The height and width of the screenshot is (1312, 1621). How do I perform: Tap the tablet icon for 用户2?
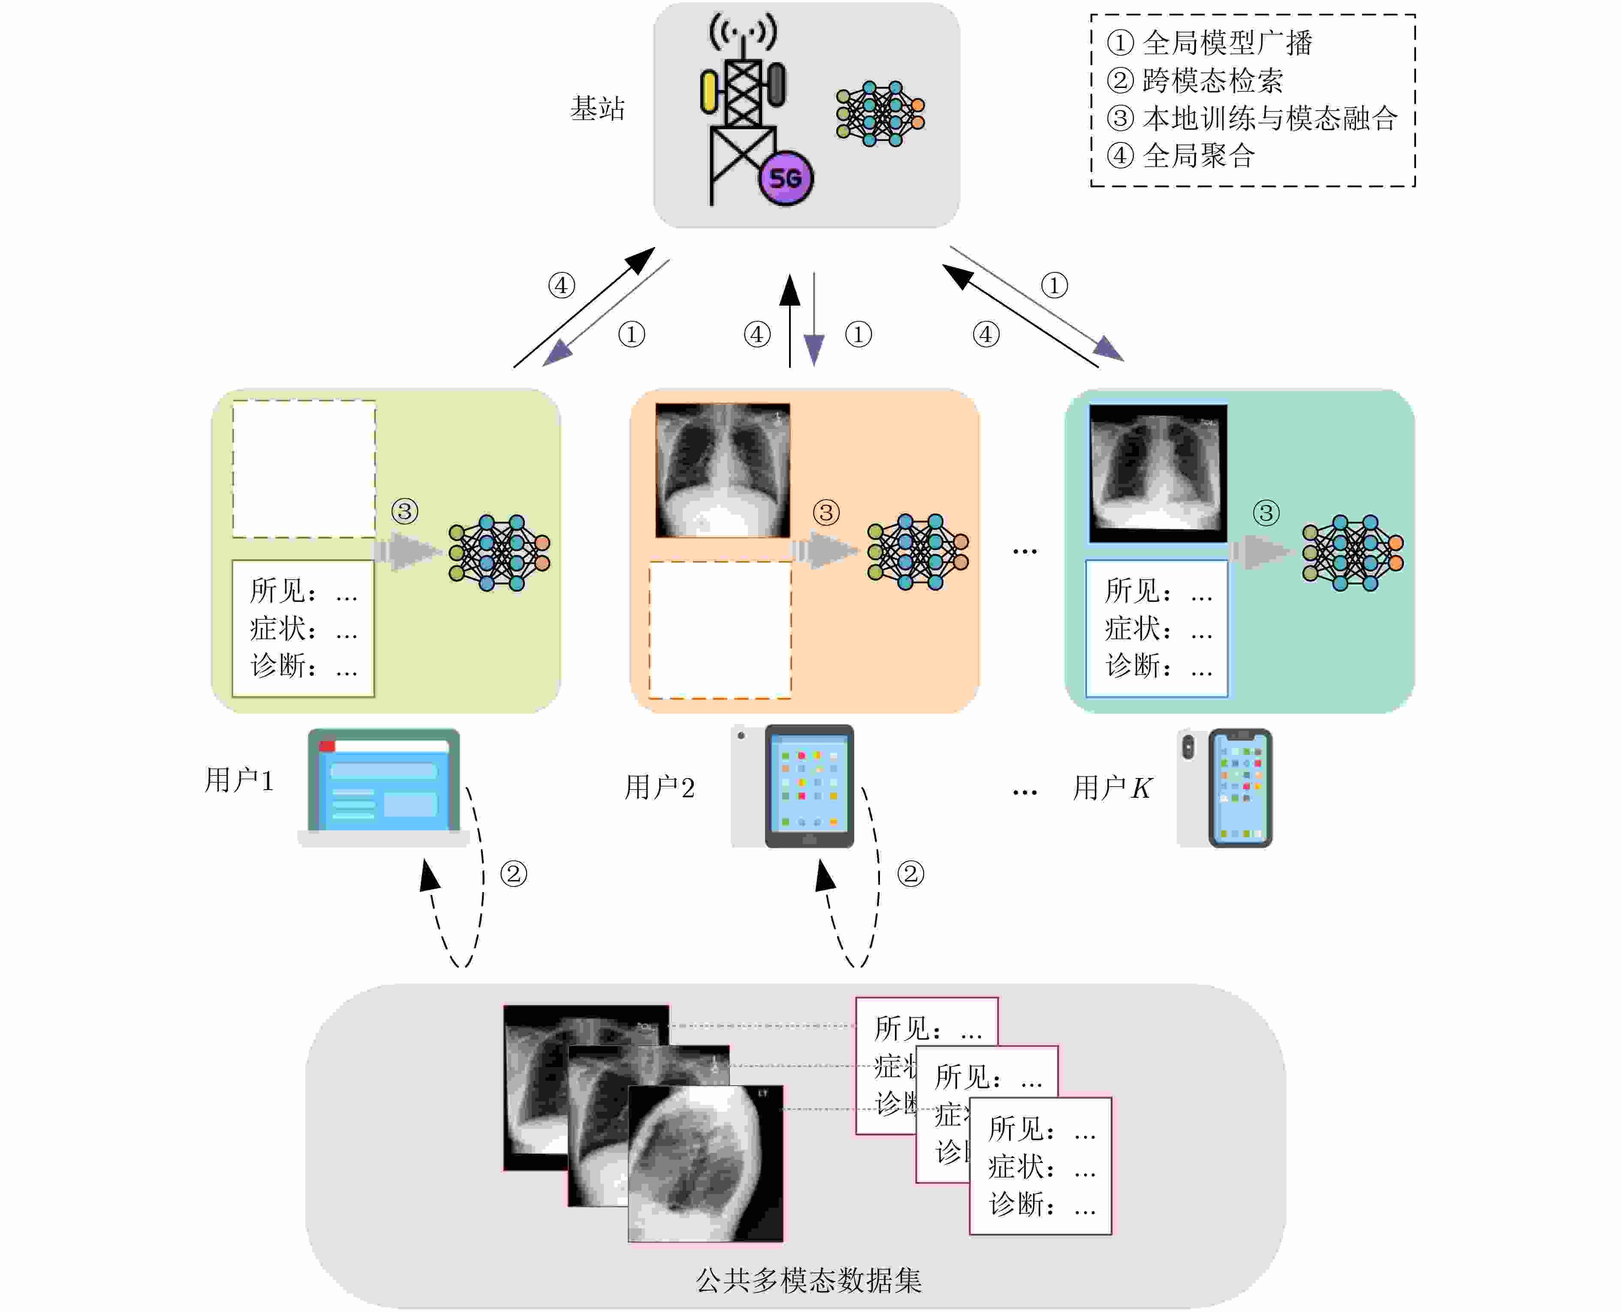click(809, 786)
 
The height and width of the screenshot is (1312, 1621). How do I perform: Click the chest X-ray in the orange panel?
click(723, 470)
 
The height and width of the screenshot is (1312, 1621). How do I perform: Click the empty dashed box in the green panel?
click(304, 468)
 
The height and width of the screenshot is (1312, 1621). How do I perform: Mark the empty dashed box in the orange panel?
click(720, 630)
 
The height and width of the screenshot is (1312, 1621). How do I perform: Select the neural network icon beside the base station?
click(880, 113)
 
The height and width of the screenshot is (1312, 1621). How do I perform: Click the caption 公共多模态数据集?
click(809, 1280)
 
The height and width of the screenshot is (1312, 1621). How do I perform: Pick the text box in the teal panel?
click(1156, 628)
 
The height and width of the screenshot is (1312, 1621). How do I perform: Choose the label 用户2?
click(659, 787)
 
